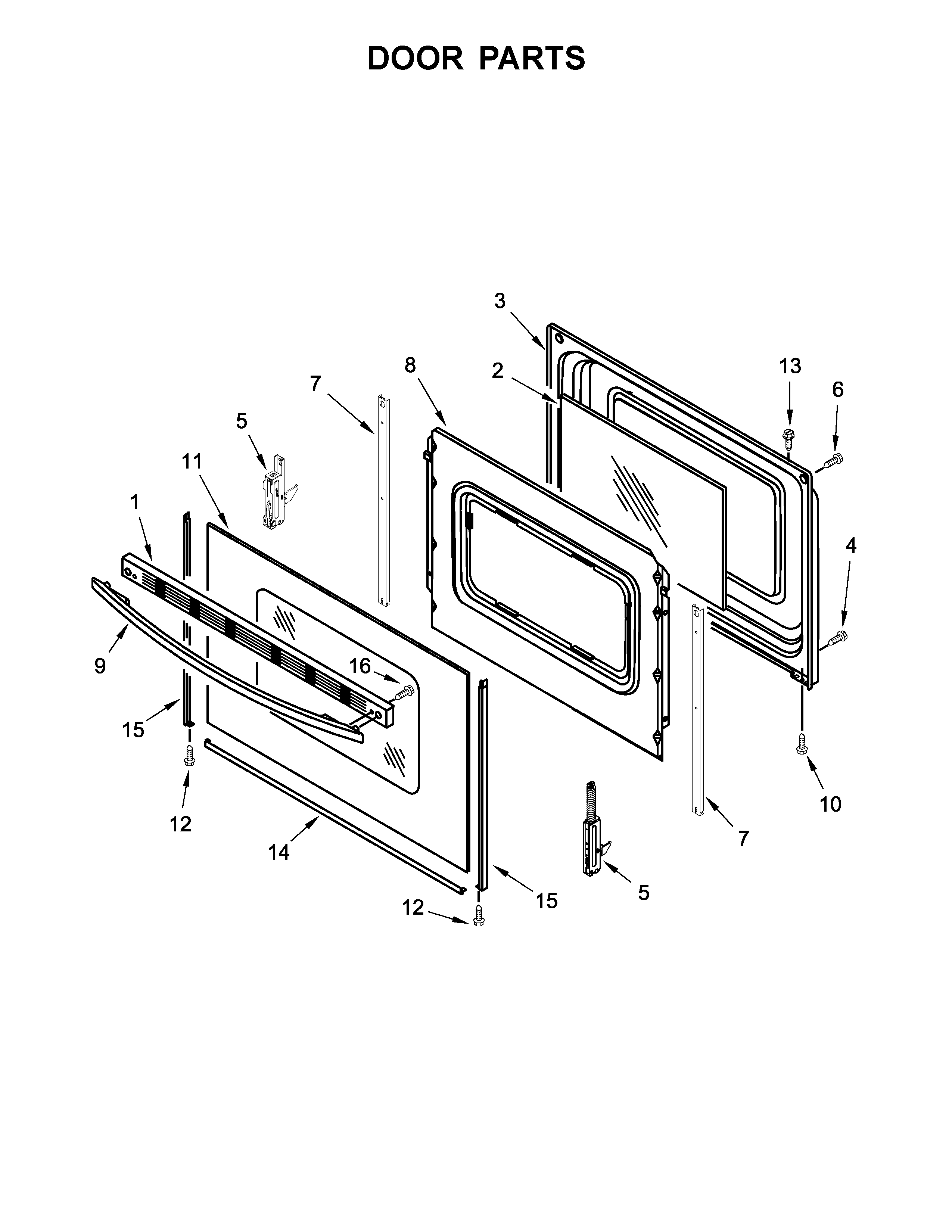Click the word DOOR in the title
pyautogui.click(x=415, y=58)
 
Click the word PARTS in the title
pyautogui.click(x=532, y=58)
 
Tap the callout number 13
pyautogui.click(x=790, y=366)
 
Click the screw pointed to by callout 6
pyautogui.click(x=833, y=461)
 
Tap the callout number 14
pyautogui.click(x=279, y=852)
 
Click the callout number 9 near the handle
pyautogui.click(x=100, y=666)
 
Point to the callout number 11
pyautogui.click(x=192, y=461)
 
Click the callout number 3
pyautogui.click(x=500, y=301)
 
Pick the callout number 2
pyautogui.click(x=497, y=371)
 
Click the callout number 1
pyautogui.click(x=134, y=502)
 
